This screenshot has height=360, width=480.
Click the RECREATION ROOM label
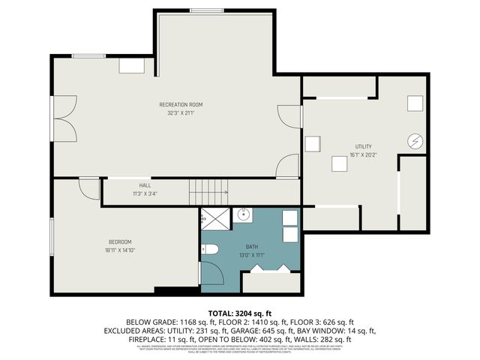[181, 104]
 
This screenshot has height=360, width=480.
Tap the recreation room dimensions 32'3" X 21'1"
[181, 113]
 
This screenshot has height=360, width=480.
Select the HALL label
[145, 185]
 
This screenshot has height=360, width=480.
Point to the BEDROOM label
[120, 241]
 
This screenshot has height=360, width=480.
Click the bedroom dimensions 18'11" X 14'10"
[120, 250]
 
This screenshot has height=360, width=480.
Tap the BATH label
[252, 246]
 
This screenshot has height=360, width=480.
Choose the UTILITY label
[364, 146]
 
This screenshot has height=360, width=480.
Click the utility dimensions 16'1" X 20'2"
[364, 155]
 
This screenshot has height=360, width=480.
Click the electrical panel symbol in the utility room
[415, 140]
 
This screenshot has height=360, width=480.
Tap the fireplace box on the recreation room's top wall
[131, 65]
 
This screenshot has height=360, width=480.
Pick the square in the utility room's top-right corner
[415, 103]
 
